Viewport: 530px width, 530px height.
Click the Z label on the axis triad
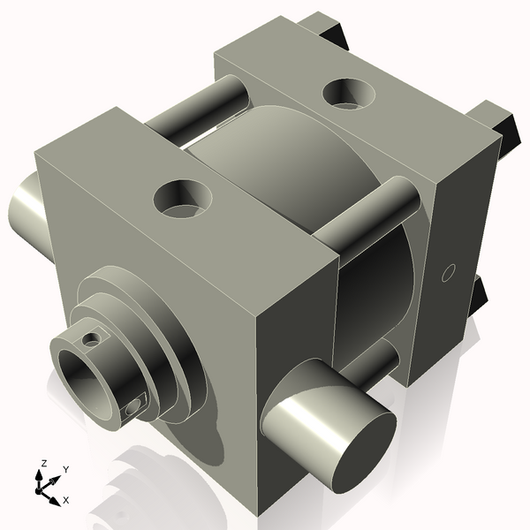43,464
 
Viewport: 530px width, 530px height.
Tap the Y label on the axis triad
66,470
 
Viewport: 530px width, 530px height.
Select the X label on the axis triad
66,500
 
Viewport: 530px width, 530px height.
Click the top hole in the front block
183,199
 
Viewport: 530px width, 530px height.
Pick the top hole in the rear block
349,94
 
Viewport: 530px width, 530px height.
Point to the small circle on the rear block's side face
448,273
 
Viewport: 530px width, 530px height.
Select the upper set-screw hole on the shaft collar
92,340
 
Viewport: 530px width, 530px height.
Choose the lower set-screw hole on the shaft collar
133,407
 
